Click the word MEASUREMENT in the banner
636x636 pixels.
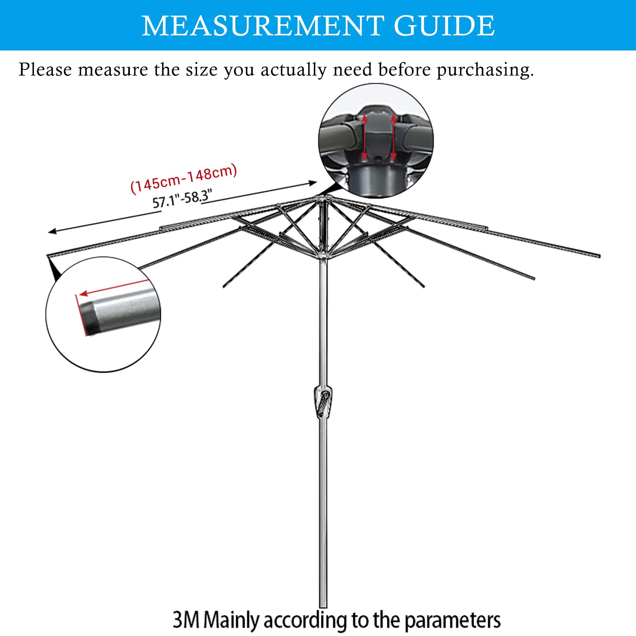(x=263, y=26)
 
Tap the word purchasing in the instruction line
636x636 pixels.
(x=485, y=70)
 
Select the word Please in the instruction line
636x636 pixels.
(x=45, y=70)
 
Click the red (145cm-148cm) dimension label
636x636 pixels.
(x=184, y=179)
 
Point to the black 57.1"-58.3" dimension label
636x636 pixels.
(x=182, y=198)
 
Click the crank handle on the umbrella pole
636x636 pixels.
(x=324, y=402)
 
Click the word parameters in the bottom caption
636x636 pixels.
(x=452, y=620)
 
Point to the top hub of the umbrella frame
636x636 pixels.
(x=323, y=197)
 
